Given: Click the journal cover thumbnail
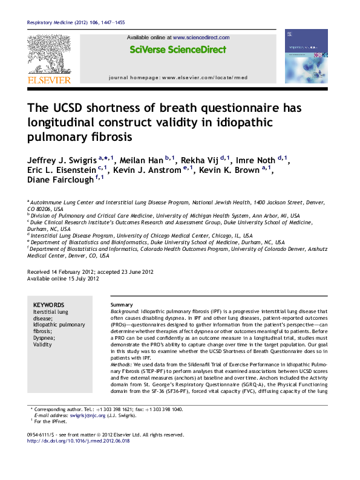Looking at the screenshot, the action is click(306, 56).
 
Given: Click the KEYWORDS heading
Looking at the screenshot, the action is click(49, 305).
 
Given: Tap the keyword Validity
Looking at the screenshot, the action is click(43, 345).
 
